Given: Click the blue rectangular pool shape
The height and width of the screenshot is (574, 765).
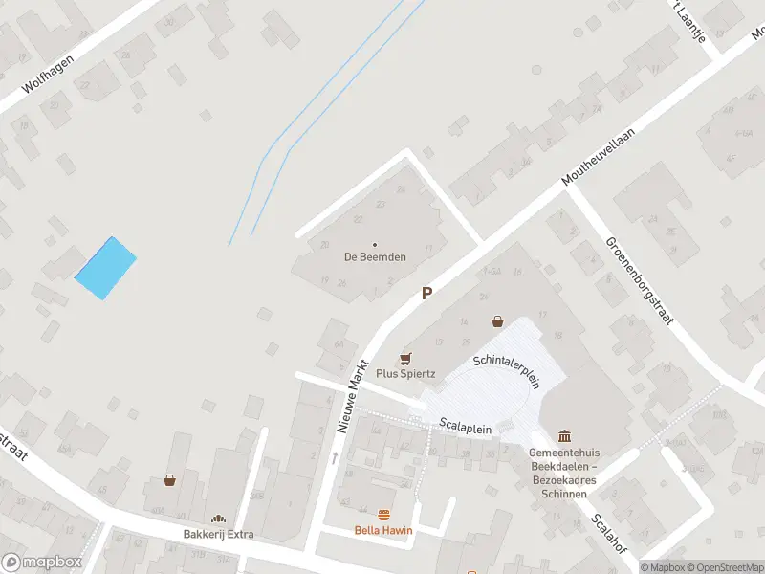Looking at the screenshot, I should click(x=105, y=268).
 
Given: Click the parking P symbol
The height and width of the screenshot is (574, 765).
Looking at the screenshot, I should click(x=427, y=294).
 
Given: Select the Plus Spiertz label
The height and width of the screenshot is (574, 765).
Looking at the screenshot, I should click(x=405, y=373).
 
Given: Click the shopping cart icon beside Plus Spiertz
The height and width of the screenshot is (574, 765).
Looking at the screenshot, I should click(x=405, y=358).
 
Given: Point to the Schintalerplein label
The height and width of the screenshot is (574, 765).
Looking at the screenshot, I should click(x=508, y=370).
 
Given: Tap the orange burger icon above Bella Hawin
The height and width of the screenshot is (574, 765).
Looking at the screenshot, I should click(x=384, y=515).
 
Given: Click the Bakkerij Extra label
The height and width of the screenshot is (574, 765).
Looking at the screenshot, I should click(x=219, y=534).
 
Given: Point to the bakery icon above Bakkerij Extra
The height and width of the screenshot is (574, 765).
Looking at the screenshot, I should click(x=219, y=518).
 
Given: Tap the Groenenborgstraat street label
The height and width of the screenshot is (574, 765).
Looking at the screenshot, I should click(x=639, y=279).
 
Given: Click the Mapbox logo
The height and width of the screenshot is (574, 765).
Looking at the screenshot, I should click(x=41, y=562).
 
